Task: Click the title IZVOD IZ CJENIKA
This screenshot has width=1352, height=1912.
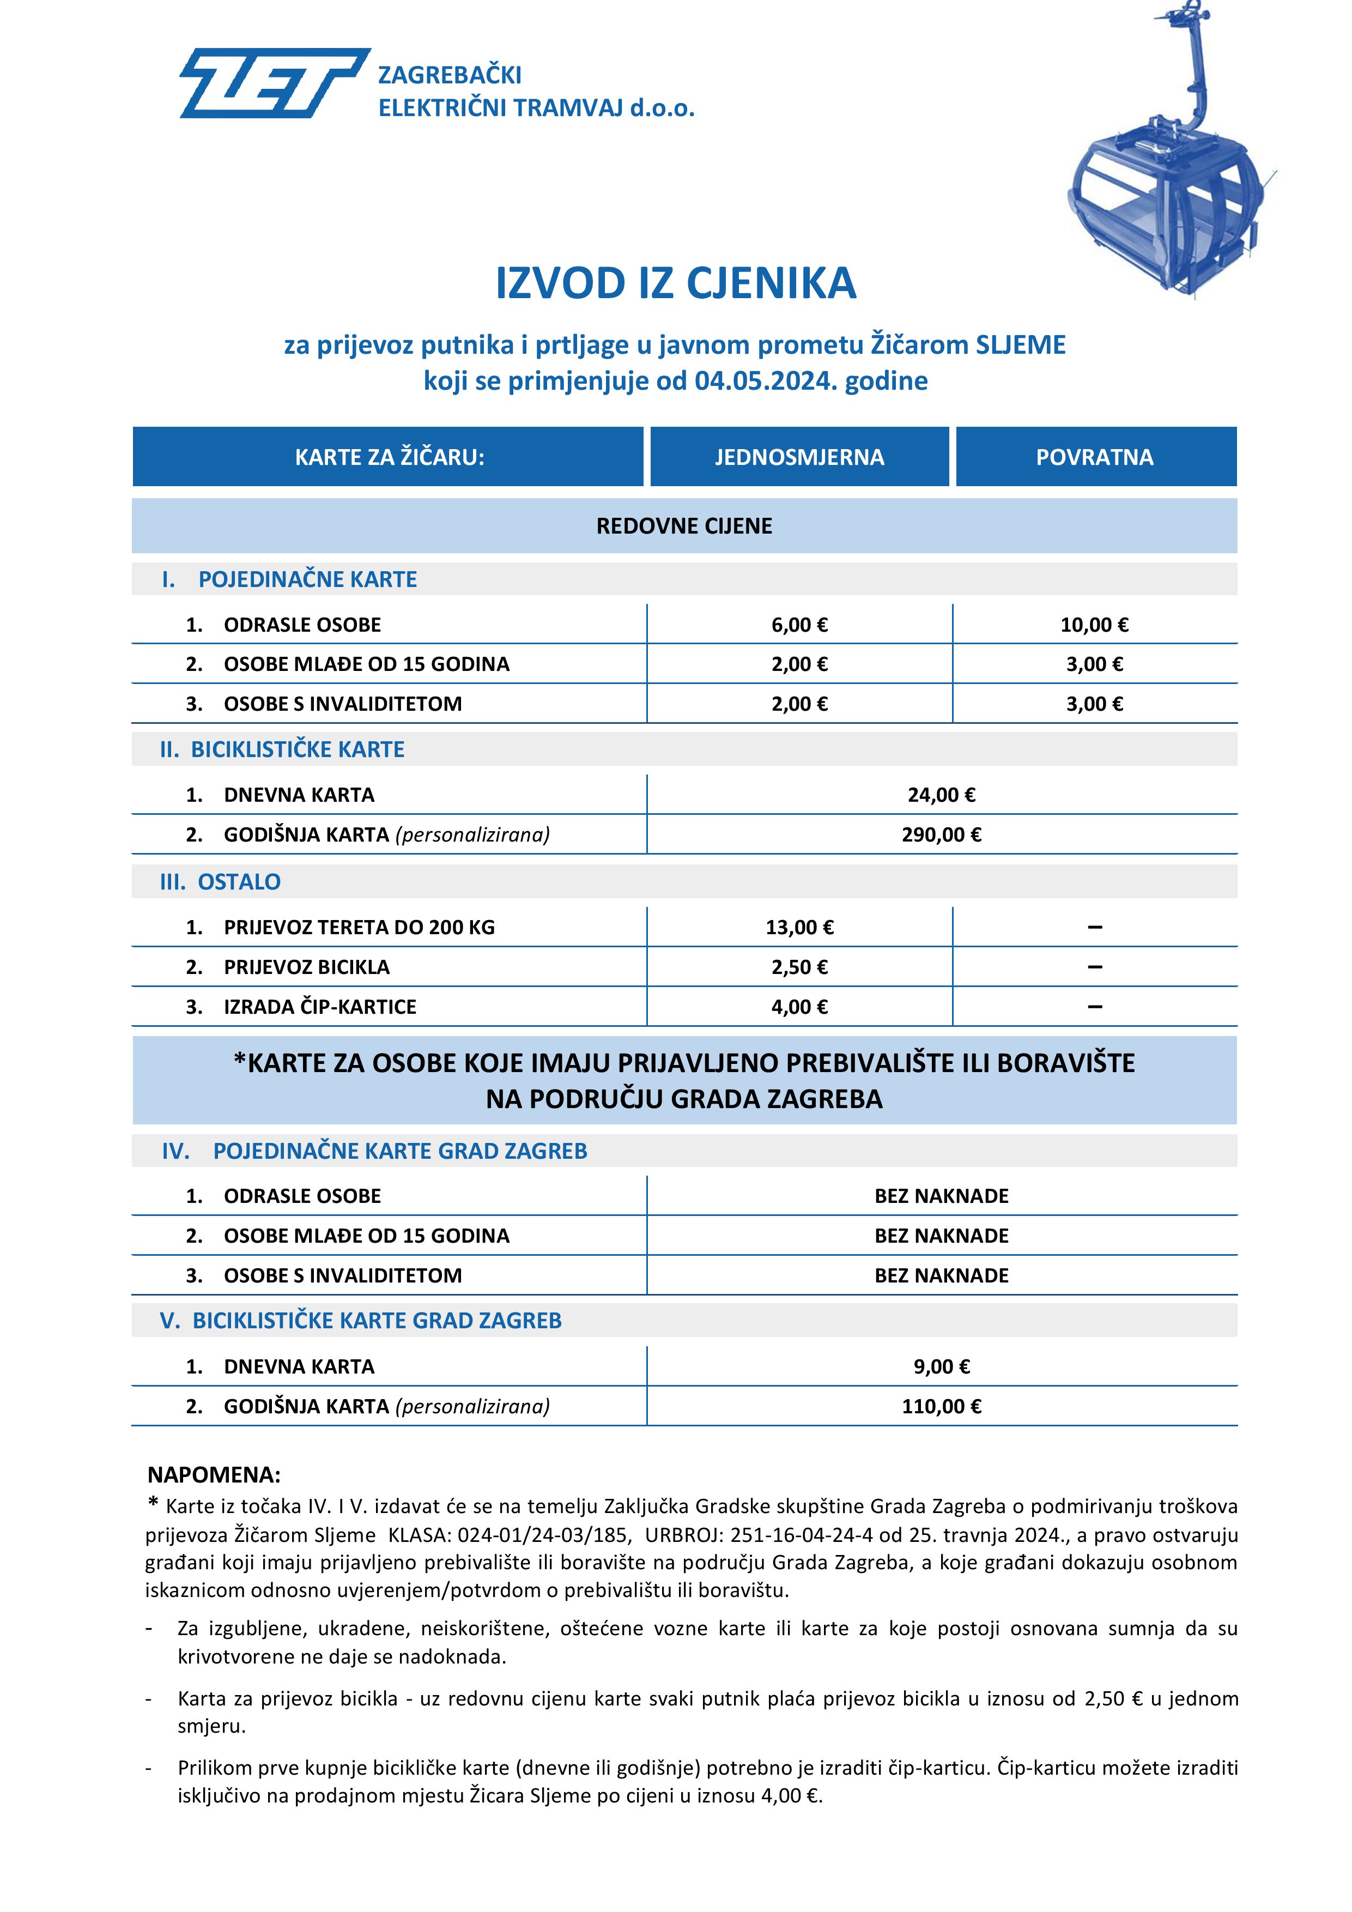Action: [675, 283]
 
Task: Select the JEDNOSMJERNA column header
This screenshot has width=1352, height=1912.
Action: [799, 457]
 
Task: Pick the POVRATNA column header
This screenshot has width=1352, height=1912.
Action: [1095, 457]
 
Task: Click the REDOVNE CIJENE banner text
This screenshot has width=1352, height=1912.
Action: [684, 527]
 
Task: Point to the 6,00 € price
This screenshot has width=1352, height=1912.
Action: [799, 625]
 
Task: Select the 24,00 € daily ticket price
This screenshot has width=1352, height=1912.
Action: [942, 795]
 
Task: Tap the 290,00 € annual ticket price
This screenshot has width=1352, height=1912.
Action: [942, 835]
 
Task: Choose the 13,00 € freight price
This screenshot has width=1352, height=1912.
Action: [799, 928]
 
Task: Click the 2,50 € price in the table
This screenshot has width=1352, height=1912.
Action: [799, 967]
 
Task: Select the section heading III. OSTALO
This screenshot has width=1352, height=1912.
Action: [221, 882]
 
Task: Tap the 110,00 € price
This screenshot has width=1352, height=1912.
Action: [942, 1407]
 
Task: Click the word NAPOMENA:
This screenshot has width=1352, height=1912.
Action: [214, 1475]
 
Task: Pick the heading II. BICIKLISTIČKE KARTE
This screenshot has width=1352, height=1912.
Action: [282, 749]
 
